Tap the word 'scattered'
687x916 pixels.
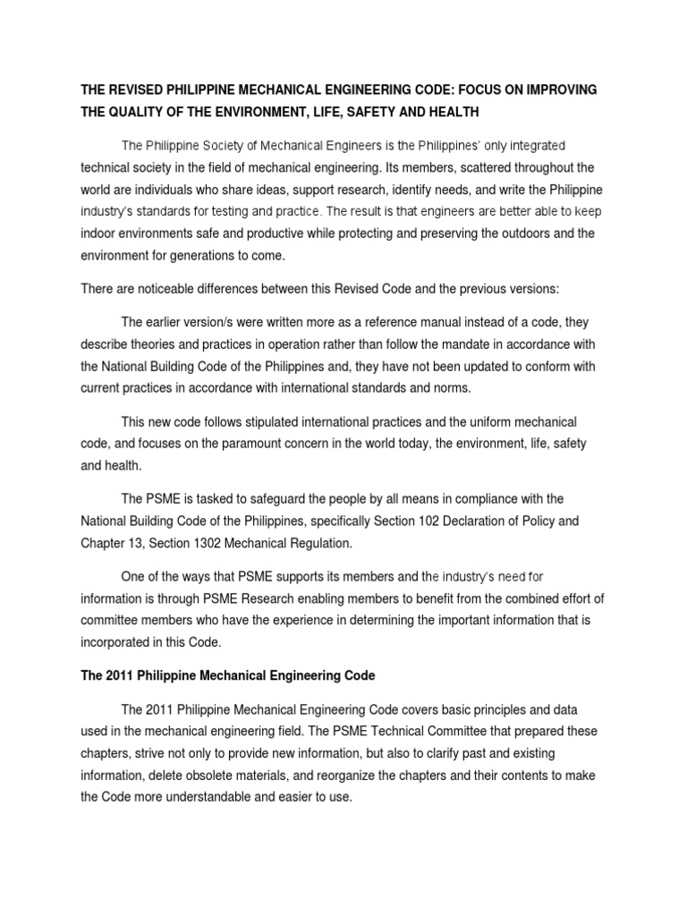pos(443,167)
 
